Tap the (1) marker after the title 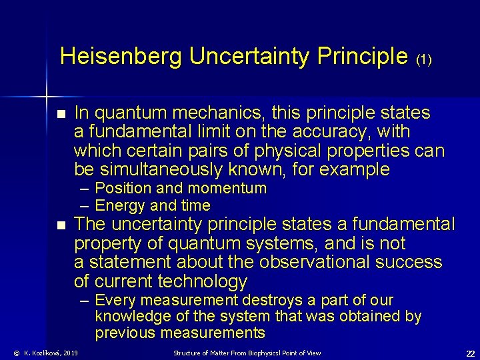click(x=424, y=59)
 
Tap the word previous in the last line click(x=125, y=333)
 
